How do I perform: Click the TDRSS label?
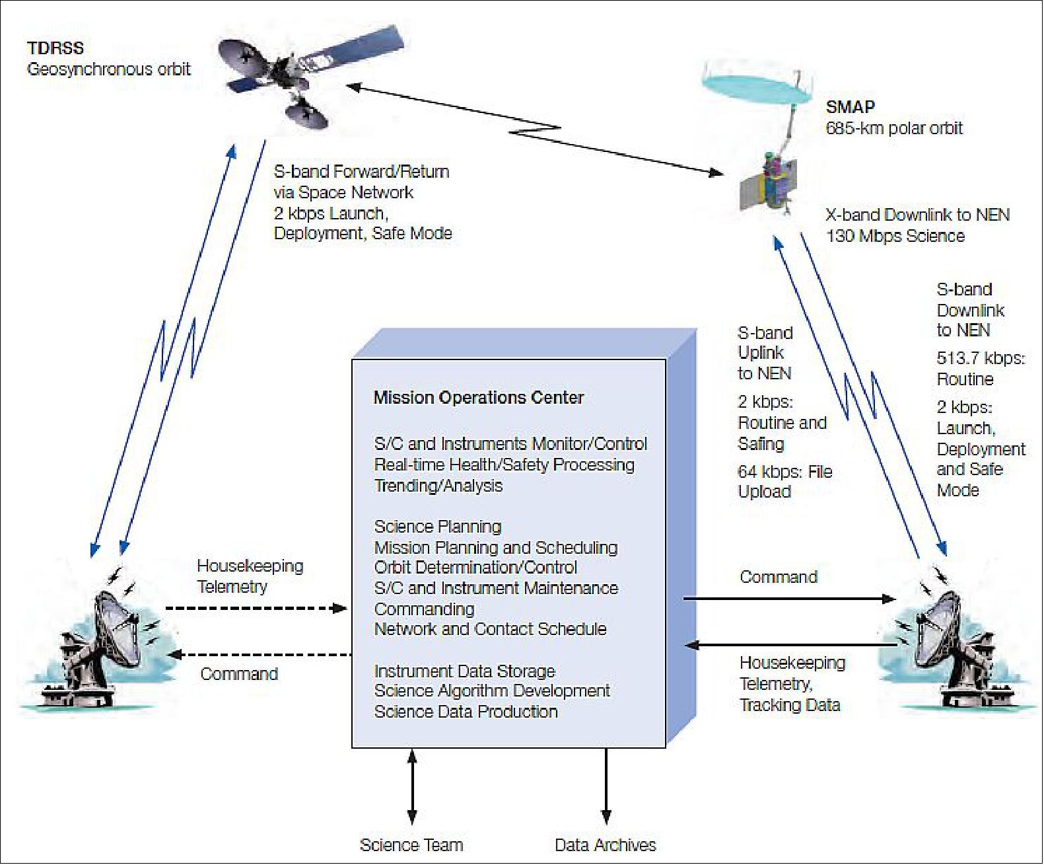coord(55,48)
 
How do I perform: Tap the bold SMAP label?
coord(851,107)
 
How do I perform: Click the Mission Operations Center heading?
coord(479,398)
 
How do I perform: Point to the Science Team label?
coord(411,845)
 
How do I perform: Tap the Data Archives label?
coord(606,845)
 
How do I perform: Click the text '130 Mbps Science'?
coord(895,236)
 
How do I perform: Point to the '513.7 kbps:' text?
coord(981,358)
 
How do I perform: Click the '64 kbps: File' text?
coord(784,472)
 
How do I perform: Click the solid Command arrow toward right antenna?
coord(789,599)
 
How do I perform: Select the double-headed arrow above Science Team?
coord(412,786)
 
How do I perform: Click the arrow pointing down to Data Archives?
coord(606,786)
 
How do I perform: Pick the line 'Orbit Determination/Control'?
coord(475,568)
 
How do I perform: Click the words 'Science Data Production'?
coord(466,712)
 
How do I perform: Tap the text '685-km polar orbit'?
coord(894,128)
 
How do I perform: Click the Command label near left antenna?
coord(239,674)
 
